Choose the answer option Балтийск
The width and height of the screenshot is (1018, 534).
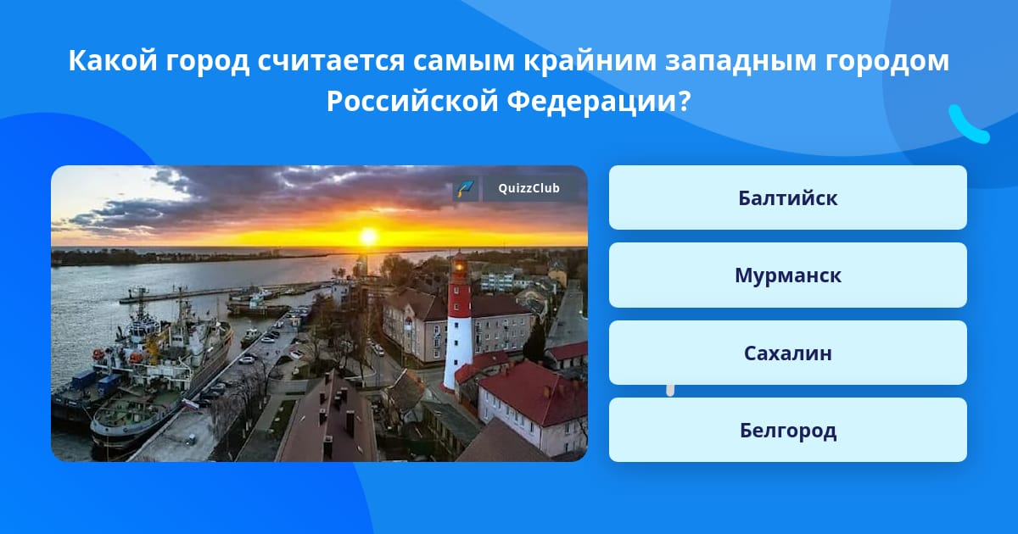787,197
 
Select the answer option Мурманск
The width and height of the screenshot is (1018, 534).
787,275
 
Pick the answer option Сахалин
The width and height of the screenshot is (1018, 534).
787,353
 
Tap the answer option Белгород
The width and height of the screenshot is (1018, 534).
787,430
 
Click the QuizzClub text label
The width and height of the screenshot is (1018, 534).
529,188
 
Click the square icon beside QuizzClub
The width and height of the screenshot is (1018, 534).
466,188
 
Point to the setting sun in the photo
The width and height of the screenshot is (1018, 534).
368,236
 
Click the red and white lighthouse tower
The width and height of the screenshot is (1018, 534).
458,322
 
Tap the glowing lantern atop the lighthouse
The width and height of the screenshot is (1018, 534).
460,265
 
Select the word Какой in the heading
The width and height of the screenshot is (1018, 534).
113,60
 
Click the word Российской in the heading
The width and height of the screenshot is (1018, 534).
412,101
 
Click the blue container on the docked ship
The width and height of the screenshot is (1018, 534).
109,383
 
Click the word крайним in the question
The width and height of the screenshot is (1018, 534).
590,60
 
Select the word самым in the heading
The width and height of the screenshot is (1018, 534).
464,61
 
